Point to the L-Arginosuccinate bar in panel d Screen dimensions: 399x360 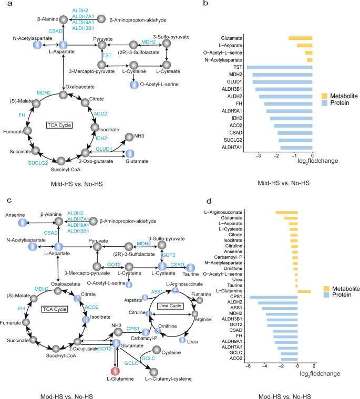[x=286, y=213]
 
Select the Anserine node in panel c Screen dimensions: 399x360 [x=22, y=223]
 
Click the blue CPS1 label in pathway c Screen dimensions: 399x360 [x=133, y=329]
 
